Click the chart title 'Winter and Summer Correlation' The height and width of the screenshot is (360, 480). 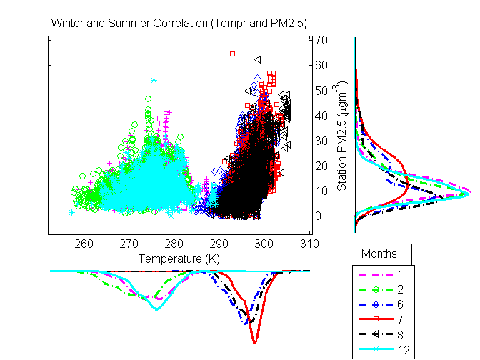pos(179,24)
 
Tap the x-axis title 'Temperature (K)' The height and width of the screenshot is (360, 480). pos(179,257)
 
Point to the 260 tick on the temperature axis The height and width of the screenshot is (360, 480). pos(84,242)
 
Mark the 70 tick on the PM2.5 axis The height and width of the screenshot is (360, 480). pos(321,40)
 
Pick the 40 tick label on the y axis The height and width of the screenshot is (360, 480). pos(321,116)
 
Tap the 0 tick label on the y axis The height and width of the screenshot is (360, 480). pos(319,216)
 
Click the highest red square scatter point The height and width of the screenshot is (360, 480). pos(232,54)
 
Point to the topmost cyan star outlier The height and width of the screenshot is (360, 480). pos(154,81)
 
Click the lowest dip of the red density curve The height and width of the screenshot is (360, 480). pos(255,342)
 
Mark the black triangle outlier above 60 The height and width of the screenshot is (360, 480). pos(257,59)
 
